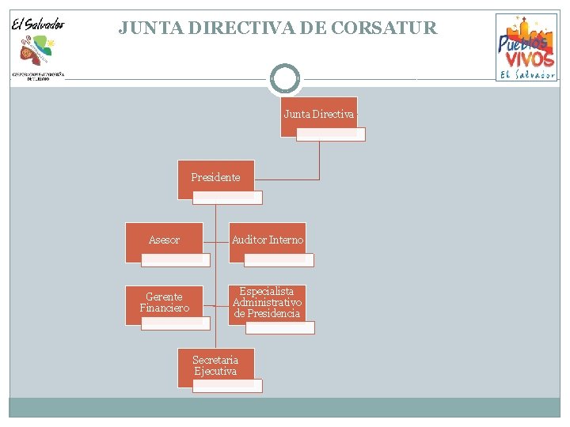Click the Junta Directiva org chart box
pos(318,115)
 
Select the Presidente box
pos(215,178)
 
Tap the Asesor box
pos(164,240)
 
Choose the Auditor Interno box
pos(267,240)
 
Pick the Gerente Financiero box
pos(164,302)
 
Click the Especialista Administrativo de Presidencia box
pos(267,302)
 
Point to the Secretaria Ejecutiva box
pos(215,365)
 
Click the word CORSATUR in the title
pos(384,28)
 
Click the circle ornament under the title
pos(285,79)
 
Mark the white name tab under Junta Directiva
pos(331,134)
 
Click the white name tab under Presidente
pos(228,198)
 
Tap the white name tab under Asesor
pos(176,259)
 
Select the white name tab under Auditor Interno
pos(279,259)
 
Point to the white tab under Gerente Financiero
pos(176,323)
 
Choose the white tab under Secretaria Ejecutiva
pos(228,386)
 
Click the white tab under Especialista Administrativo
pos(279,327)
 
